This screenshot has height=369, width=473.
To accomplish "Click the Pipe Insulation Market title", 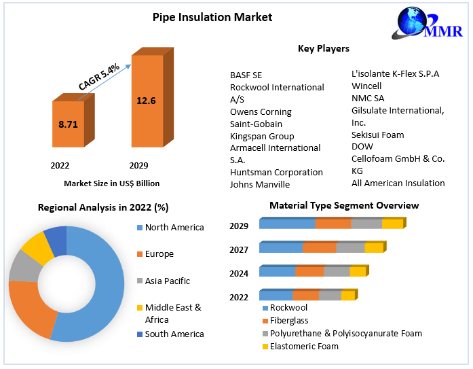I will (212, 17).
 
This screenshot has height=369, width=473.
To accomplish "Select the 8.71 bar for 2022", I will (68, 125).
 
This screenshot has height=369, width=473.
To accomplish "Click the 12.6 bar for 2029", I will (146, 101).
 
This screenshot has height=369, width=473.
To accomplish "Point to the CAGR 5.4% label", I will (99, 77).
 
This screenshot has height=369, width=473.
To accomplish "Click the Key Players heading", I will (324, 48).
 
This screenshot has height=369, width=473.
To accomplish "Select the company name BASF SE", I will (246, 75).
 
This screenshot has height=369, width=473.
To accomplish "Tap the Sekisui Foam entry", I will (377, 135).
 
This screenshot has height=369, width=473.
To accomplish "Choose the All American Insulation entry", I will (398, 183).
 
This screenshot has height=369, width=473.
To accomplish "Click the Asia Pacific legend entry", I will (167, 281).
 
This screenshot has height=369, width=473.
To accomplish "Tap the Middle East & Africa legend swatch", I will (140, 308).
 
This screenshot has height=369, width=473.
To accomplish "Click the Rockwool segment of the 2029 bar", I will (286, 224).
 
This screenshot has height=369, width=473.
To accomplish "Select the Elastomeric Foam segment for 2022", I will (347, 296).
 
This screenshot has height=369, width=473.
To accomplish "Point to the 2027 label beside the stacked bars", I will (239, 249).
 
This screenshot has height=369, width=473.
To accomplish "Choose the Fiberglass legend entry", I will (288, 320).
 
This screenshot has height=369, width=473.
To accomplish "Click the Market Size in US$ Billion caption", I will (112, 183).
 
